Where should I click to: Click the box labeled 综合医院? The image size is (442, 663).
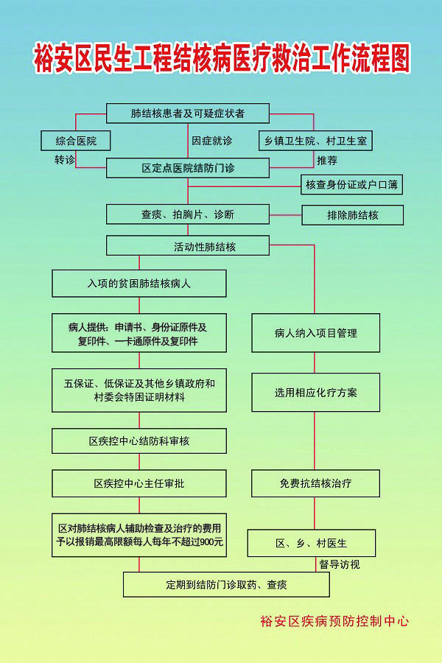pos(76,141)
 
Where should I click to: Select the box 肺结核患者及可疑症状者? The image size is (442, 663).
pos(188,113)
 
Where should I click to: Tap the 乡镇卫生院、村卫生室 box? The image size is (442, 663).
pos(315,141)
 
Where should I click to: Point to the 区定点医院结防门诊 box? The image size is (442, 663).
pos(188,168)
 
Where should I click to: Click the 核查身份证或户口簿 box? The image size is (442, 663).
pos(351,184)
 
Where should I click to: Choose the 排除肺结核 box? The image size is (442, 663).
pos(352,215)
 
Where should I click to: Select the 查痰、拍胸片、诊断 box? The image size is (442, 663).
pos(188,214)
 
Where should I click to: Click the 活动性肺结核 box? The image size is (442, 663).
pos(188,245)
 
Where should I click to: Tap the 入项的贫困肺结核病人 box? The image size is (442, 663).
pos(139,284)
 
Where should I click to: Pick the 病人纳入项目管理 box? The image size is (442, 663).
pos(315,333)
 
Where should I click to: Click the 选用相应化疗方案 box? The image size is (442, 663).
pos(315,393)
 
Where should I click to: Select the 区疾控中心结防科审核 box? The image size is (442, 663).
pos(139,441)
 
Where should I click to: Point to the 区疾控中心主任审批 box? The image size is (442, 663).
pos(139,483)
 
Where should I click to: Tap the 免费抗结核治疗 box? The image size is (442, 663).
pos(315,483)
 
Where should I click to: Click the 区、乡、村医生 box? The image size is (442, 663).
pos(312,544)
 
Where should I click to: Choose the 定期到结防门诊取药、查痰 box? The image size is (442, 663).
pos(226,585)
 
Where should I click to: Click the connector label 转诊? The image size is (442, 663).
pos(65,160)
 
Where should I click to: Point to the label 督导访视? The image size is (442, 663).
pos(340,564)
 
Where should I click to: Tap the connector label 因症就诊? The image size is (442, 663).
pos(212,141)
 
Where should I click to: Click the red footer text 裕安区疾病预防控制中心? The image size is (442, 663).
pos(334,621)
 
